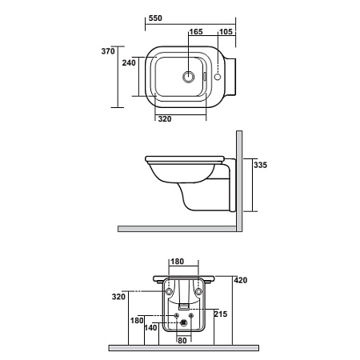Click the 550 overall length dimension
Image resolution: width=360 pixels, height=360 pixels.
click(155, 18)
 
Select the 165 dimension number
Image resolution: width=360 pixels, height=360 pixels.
click(196, 32)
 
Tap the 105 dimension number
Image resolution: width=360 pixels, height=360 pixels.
click(226, 32)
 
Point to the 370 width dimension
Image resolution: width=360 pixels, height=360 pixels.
click(108, 51)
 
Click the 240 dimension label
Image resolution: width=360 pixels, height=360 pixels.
click(129, 62)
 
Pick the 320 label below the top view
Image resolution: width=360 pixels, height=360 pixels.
click(165, 119)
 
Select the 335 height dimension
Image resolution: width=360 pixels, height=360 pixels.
click(260, 165)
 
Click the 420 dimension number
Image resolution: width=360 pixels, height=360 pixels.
click(241, 280)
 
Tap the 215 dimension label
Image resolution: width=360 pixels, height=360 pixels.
click(221, 314)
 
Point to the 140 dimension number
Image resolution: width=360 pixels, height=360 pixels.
click(150, 328)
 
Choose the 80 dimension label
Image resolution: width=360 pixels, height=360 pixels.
click(182, 341)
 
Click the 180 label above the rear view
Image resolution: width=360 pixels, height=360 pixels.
click(178, 262)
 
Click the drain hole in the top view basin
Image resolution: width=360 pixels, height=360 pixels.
click(189, 77)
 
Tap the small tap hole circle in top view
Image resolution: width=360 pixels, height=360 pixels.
click(218, 77)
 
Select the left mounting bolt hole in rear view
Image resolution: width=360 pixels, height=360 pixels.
click(169, 291)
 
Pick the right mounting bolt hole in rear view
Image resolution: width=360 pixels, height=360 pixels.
click(198, 291)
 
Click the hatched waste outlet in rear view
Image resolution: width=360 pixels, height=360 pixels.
click(183, 323)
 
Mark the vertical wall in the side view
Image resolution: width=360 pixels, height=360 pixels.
click(239, 181)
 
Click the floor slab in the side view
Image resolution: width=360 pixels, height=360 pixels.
click(177, 229)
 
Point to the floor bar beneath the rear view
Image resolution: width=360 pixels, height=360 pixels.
click(184, 348)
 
